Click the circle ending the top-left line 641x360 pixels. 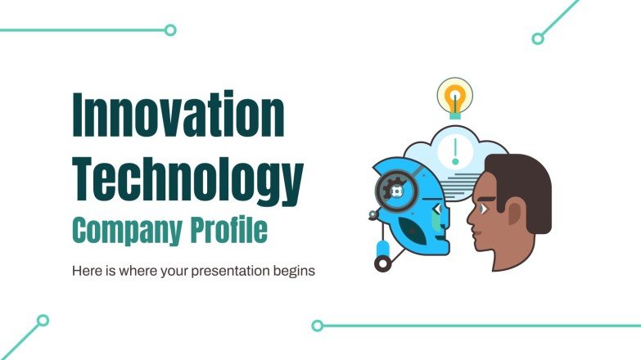(170, 30)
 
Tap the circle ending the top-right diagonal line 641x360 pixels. (538, 38)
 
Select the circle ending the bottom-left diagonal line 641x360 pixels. (43, 320)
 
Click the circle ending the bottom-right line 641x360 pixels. (317, 325)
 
